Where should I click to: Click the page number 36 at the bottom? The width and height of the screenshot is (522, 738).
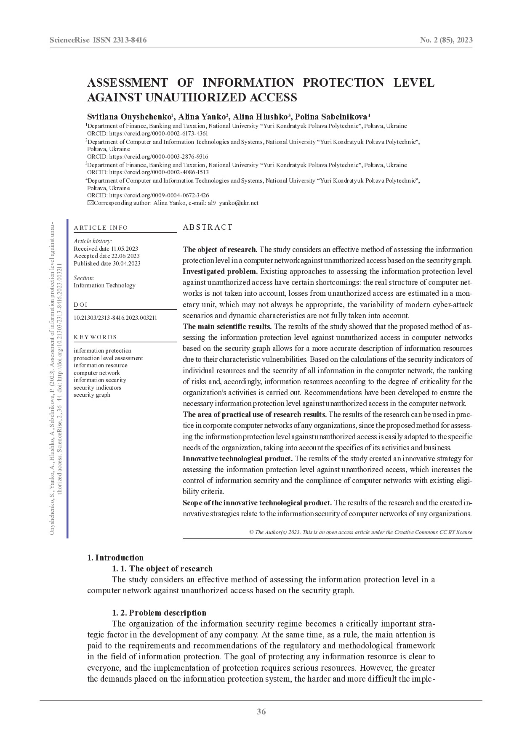261,711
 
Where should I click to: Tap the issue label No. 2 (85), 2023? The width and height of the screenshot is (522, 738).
446,40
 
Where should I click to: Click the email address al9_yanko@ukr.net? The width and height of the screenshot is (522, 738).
233,203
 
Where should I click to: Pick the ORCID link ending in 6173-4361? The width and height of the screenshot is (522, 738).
158,133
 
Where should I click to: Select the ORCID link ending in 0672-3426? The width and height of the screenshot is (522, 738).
159,195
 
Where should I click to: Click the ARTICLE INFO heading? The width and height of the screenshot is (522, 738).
101,228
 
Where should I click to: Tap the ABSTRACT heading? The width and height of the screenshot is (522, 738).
208,227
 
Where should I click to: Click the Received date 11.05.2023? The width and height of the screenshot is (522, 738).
106,249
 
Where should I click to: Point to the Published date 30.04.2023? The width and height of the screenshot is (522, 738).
107,263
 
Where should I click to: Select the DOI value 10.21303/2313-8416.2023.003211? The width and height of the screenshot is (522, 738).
115,318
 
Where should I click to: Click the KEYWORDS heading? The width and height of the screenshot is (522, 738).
96,337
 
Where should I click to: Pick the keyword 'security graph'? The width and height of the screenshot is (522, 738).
92,395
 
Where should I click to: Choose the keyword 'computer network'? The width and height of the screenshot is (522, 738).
97,373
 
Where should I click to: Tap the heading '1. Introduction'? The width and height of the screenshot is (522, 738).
115,557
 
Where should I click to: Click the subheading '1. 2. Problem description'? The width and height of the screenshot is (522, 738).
159,613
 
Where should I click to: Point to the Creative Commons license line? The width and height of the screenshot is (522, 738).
360,532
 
